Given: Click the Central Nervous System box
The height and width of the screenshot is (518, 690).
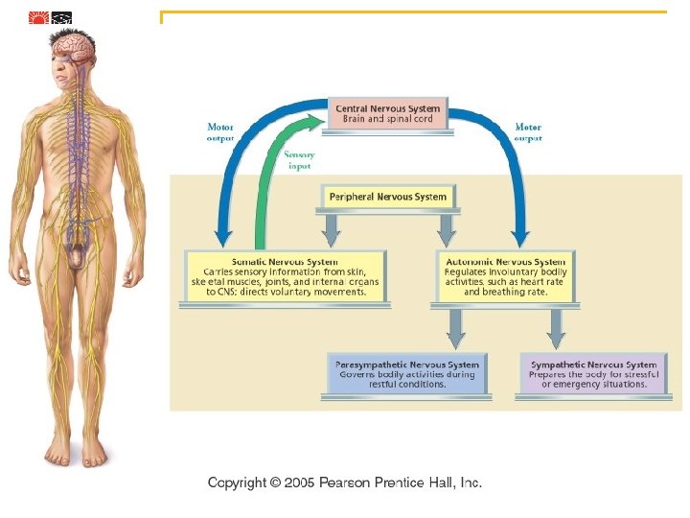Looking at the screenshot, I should pyautogui.click(x=388, y=113).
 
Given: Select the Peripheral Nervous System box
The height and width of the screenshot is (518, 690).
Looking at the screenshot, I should pyautogui.click(x=388, y=197).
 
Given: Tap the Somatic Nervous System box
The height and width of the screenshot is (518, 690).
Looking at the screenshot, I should pyautogui.click(x=285, y=276).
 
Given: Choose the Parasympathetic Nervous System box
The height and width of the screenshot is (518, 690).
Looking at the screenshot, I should pyautogui.click(x=407, y=374).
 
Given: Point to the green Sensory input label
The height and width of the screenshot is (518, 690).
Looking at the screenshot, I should pyautogui.click(x=299, y=159).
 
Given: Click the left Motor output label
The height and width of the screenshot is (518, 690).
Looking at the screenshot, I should pyautogui.click(x=220, y=131).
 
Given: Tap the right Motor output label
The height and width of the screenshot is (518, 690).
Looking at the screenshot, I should pyautogui.click(x=528, y=131).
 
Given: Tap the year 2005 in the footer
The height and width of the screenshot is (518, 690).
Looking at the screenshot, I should pyautogui.click(x=297, y=483).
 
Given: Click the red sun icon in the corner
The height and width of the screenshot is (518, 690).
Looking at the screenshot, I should pyautogui.click(x=38, y=17).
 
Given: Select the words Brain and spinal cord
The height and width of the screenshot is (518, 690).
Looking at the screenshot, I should pyautogui.click(x=388, y=119).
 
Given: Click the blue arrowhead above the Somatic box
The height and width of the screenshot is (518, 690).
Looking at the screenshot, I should pyautogui.click(x=223, y=234).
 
